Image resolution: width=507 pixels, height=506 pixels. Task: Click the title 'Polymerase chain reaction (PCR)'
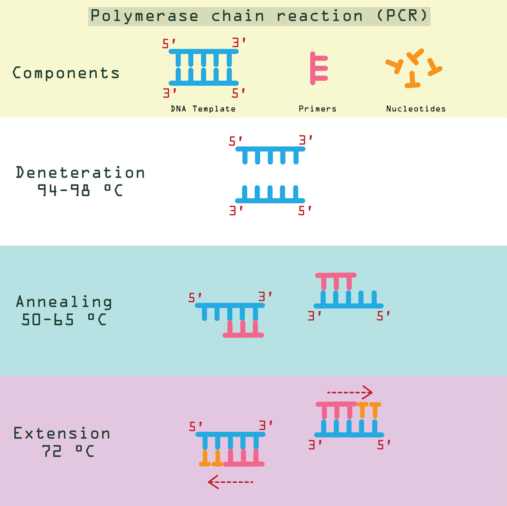pos(259,16)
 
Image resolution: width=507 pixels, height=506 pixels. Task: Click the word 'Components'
pos(66,73)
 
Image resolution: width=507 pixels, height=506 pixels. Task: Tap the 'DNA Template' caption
pos(203,109)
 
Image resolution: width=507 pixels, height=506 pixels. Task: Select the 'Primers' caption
pos(317,109)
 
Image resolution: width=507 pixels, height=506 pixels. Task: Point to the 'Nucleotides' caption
pos(416,109)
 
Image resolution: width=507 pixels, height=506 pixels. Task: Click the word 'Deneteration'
pos(80,173)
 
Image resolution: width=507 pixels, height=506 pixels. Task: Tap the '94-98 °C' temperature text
pos(80,191)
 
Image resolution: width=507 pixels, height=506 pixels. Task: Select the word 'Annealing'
pos(64,302)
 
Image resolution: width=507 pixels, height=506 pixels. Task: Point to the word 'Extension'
pos(62,433)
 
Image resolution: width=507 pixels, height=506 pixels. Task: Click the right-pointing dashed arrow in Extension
pos(350,392)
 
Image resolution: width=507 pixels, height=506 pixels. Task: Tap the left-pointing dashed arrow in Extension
pos(231,482)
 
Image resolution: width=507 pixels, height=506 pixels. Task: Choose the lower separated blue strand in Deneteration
pos(270,195)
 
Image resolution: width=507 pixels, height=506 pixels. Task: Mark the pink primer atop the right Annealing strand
pos(336,280)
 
